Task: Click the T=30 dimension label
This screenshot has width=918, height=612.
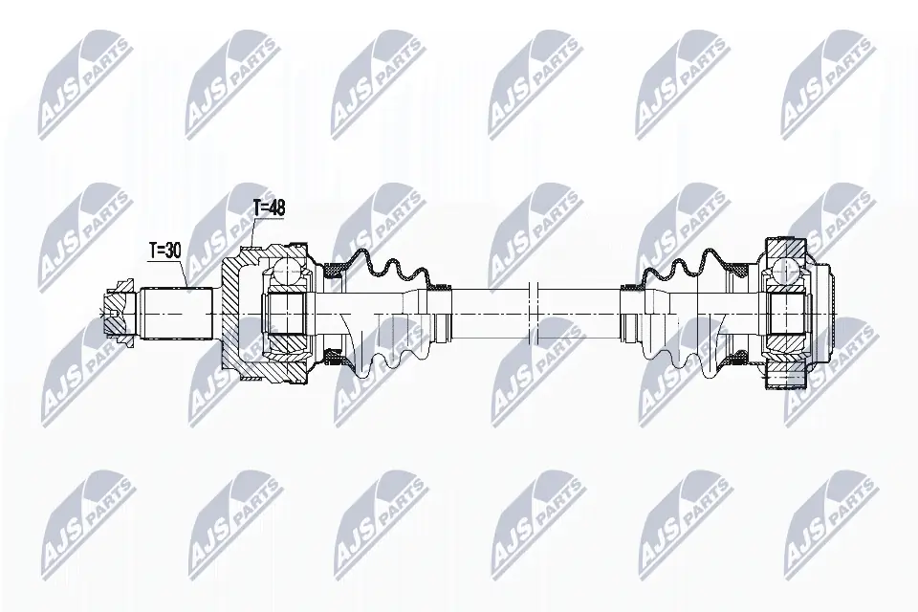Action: click(x=165, y=250)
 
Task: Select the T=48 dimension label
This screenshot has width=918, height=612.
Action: click(x=269, y=206)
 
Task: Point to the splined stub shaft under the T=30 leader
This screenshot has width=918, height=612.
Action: click(x=177, y=312)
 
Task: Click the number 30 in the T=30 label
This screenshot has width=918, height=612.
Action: click(x=173, y=250)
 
